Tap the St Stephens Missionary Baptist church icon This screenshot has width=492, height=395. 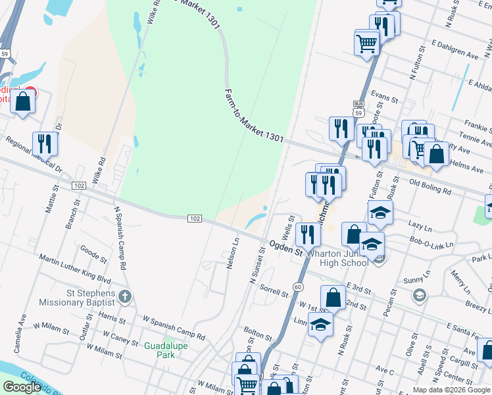126,297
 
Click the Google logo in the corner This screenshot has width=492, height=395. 22,387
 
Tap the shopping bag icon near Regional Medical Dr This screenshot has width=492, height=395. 23,102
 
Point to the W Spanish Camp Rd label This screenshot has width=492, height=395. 174,328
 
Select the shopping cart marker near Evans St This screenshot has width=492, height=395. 366,43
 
